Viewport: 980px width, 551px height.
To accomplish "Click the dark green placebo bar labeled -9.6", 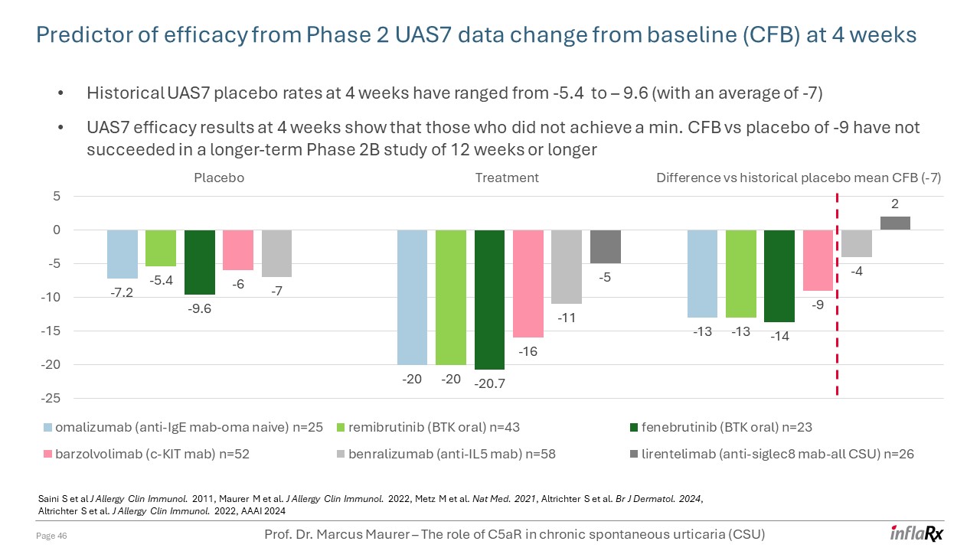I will click(200, 262).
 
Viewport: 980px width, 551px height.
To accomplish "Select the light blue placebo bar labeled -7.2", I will click(122, 253).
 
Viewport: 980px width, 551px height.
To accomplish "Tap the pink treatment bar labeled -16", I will click(528, 283).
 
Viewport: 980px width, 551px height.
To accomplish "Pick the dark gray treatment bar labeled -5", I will click(606, 246).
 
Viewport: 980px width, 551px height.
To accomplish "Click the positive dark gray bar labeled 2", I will click(895, 223).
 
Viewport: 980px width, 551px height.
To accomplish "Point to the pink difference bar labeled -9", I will click(818, 260).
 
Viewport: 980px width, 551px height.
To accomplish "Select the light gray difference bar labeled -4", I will click(856, 243).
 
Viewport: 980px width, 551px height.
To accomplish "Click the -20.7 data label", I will click(490, 384).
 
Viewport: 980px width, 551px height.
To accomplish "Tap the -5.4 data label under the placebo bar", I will click(162, 281).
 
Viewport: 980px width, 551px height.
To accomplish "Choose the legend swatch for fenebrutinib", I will click(635, 427).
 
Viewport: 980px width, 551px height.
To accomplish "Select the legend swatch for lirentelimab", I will click(635, 454).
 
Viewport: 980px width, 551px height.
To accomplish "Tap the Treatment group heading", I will click(507, 178).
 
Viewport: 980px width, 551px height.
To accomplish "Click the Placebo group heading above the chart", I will click(219, 178).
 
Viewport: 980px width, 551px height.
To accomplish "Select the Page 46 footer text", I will click(53, 536).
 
